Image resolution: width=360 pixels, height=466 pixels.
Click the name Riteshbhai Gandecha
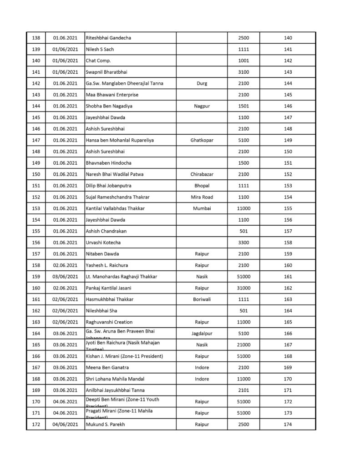coord(108,38)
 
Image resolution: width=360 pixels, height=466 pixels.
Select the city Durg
coord(202,83)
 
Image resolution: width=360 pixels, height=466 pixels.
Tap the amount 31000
coord(243,288)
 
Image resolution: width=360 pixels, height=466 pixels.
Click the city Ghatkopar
coord(202,140)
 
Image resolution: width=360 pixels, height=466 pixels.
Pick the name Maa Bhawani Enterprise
coord(112,95)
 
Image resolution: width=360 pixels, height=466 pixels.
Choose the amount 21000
coord(243,345)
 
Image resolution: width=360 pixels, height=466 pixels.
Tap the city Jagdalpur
coord(202,334)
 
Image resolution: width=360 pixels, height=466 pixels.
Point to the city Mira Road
coord(202,197)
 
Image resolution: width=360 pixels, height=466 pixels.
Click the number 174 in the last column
coord(288,425)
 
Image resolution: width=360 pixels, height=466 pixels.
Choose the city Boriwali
coord(202,299)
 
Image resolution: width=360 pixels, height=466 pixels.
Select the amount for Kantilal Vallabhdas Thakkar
coord(243,208)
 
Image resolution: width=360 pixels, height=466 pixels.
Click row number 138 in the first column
coord(36,38)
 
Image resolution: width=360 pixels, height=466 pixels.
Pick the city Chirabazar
coord(202,174)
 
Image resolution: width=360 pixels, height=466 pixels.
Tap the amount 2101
coord(243,390)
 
